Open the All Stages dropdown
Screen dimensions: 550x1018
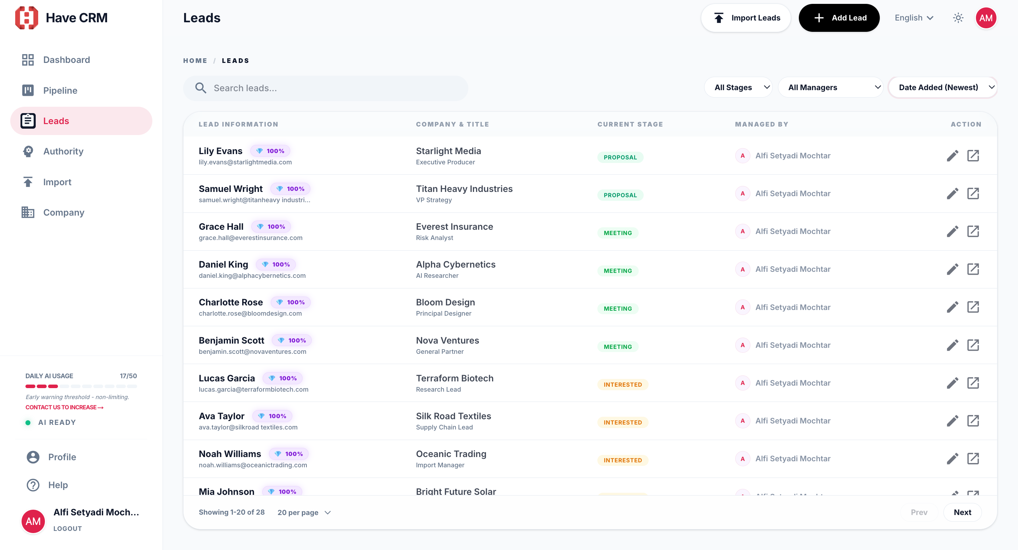[x=738, y=87]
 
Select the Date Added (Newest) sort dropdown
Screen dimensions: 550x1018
[x=942, y=87]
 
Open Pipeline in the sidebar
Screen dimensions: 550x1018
[x=60, y=90]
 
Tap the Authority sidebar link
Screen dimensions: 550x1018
[x=63, y=151]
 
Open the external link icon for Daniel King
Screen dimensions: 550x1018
[x=973, y=269]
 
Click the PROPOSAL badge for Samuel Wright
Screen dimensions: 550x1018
[x=620, y=195]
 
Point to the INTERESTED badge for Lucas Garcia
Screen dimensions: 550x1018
[x=622, y=385]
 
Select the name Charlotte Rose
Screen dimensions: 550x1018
[x=231, y=302]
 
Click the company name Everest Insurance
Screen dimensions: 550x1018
[x=455, y=227]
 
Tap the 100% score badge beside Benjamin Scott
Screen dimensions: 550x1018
[x=292, y=340]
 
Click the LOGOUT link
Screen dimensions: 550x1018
[x=68, y=529]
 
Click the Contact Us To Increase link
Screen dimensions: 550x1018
[x=64, y=407]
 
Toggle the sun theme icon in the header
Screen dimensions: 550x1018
[x=958, y=18]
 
